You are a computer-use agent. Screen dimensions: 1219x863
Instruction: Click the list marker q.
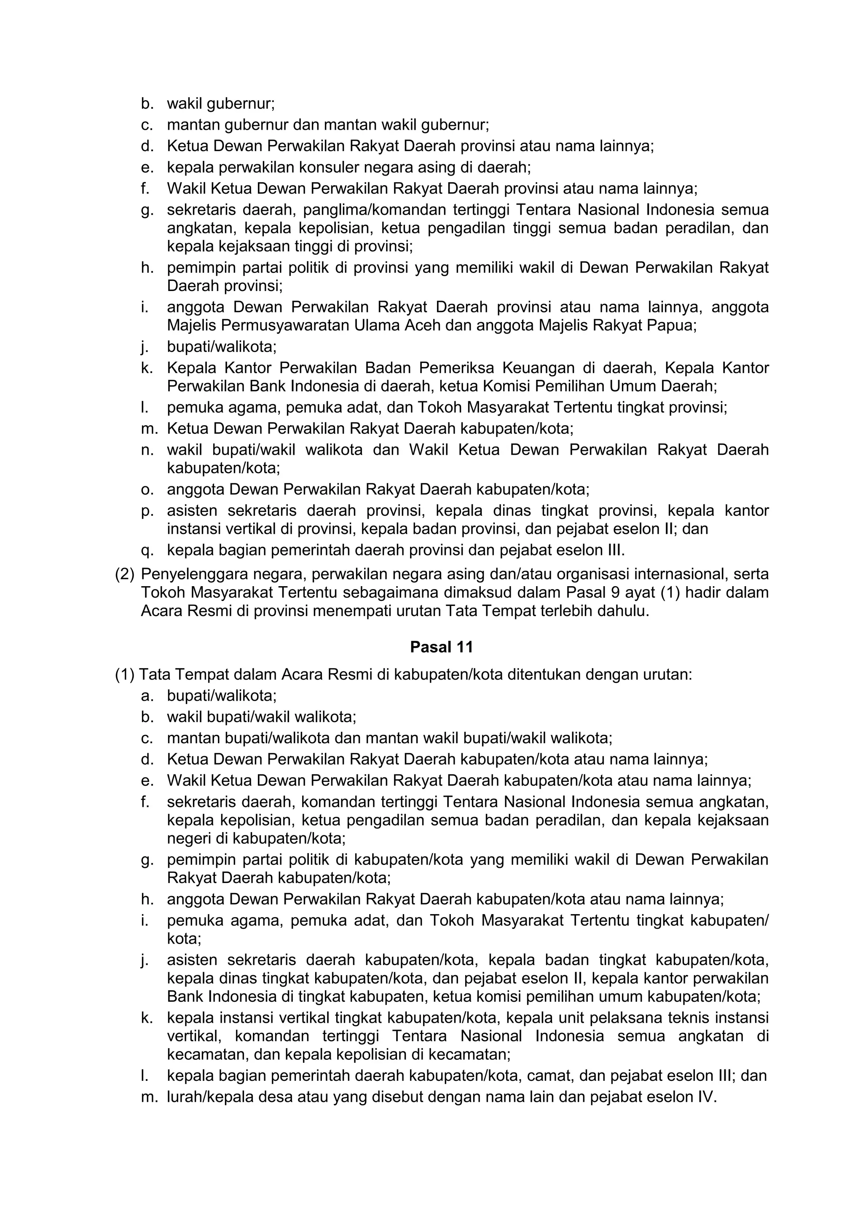147,550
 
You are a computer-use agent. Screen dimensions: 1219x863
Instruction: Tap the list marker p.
147,511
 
